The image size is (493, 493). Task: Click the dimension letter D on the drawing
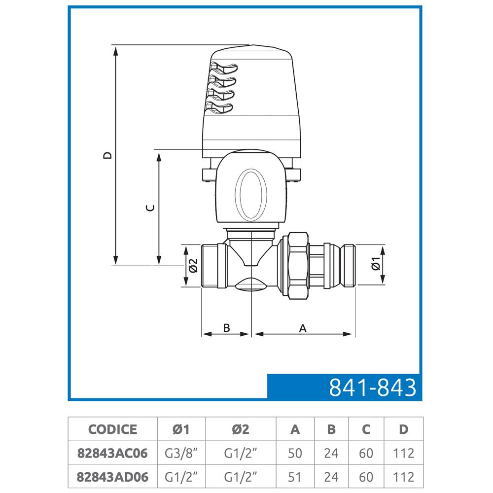(107, 155)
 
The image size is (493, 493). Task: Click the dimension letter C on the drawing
(150, 208)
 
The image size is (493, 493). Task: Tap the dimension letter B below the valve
(226, 328)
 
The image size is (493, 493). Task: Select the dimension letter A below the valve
(303, 328)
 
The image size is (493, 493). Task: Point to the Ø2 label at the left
(193, 265)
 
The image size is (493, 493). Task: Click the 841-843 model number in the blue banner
(372, 387)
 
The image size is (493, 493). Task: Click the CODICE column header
(112, 429)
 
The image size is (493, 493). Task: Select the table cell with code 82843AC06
(112, 453)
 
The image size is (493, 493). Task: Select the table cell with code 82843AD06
(112, 477)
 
